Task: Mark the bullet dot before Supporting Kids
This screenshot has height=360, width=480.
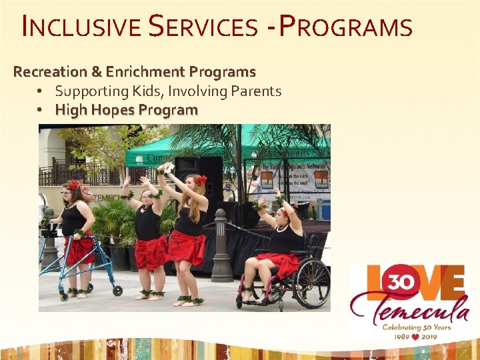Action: pyautogui.click(x=41, y=91)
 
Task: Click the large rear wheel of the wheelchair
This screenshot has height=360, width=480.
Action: pyautogui.click(x=311, y=283)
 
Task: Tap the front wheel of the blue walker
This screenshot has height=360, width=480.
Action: pyautogui.click(x=117, y=291)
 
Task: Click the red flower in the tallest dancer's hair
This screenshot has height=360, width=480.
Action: pyautogui.click(x=200, y=180)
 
